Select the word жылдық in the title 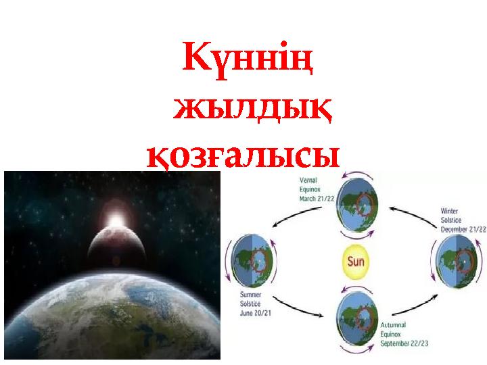[251, 109]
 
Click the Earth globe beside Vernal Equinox [359, 205]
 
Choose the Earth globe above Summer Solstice [254, 260]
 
